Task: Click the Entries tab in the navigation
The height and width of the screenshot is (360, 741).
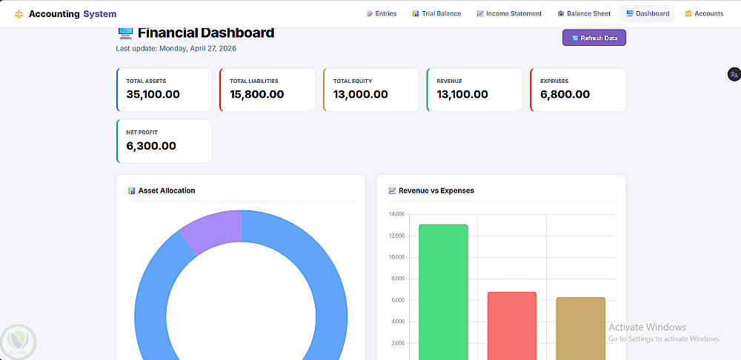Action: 382,13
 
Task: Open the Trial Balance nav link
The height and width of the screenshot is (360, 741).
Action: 436,13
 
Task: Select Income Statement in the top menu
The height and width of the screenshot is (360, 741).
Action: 510,13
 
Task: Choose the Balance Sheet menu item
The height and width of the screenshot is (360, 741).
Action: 584,13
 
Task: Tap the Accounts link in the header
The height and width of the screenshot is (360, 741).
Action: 704,13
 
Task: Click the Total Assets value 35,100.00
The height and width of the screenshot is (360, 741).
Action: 153,95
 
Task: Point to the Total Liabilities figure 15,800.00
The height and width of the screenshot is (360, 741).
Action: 257,95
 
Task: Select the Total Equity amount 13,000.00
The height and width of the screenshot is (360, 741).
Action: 361,95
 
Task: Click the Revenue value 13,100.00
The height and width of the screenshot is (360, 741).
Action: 462,95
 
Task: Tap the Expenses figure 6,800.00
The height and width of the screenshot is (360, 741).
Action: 565,95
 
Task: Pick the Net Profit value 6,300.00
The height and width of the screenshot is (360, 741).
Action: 151,146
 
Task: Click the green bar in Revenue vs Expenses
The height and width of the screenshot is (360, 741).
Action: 443,292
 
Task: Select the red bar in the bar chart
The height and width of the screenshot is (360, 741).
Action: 512,326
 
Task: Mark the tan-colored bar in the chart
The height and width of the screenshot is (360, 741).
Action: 581,328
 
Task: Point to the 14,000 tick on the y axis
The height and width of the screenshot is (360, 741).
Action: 396,215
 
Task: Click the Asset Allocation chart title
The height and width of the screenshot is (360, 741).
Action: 167,191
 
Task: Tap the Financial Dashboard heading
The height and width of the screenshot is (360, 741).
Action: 206,33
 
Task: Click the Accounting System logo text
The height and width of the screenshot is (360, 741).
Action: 73,14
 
